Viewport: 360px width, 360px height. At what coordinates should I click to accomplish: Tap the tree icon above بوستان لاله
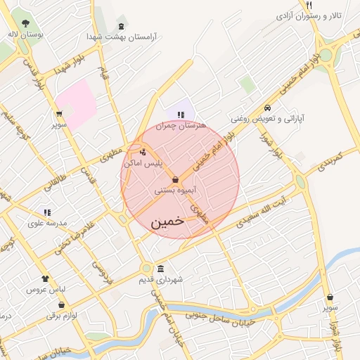pyautogui.click(x=26, y=23)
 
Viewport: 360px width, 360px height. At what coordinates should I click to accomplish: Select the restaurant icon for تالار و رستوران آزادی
pyautogui.click(x=309, y=6)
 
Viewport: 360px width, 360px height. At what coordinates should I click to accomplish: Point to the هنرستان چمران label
pyautogui.click(x=182, y=125)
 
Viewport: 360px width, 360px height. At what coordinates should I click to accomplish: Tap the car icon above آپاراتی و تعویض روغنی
pyautogui.click(x=267, y=108)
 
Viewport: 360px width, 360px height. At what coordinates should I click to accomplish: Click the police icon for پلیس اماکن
pyautogui.click(x=143, y=152)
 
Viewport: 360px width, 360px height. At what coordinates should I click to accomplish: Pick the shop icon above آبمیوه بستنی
pyautogui.click(x=174, y=180)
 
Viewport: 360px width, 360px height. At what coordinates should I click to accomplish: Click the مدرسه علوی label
pyautogui.click(x=47, y=223)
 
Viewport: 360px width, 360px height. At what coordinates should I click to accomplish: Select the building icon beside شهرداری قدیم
pyautogui.click(x=161, y=269)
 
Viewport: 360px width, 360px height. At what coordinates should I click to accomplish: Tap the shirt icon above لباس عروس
pyautogui.click(x=46, y=279)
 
